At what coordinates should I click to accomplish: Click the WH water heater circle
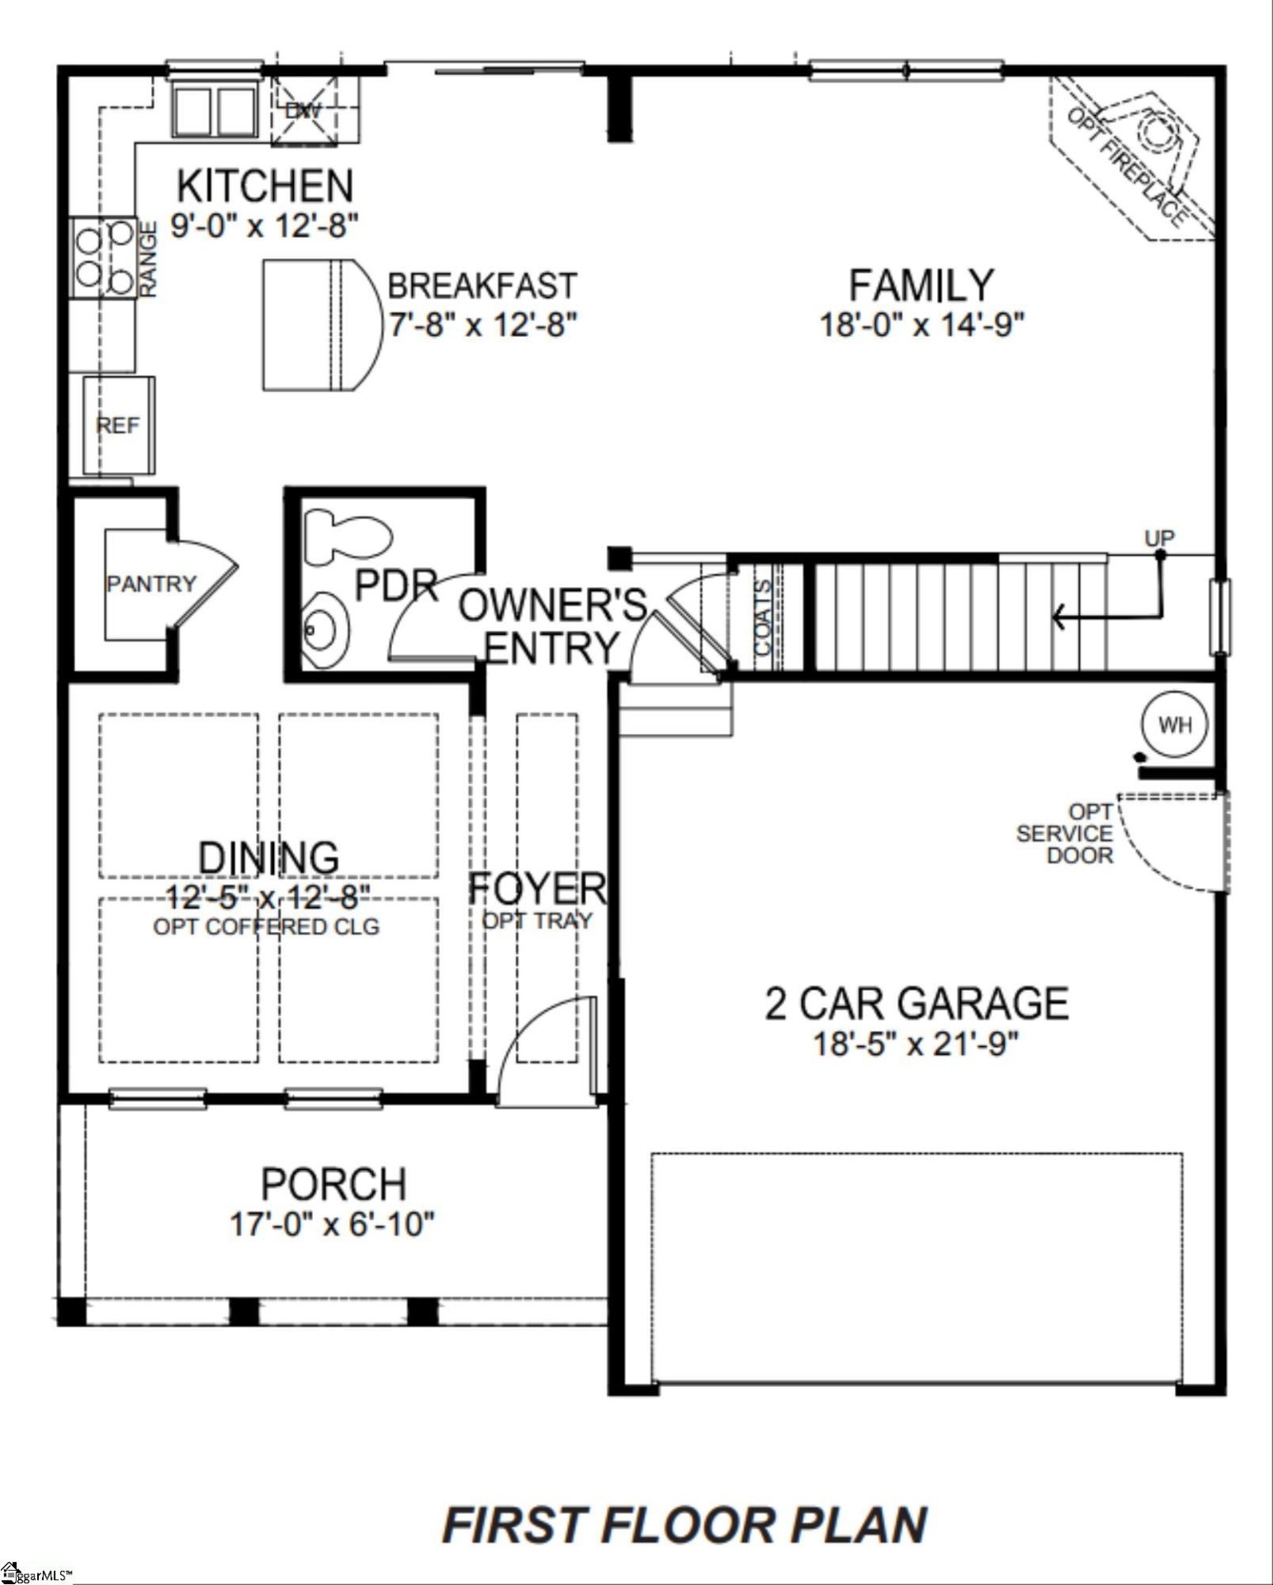1175,725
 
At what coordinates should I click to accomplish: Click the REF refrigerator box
118,426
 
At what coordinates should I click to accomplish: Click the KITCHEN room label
265,186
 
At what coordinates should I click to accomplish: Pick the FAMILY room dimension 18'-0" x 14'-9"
921,324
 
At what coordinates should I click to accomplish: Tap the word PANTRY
151,584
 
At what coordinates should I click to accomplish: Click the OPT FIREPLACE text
1128,166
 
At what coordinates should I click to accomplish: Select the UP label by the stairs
1158,538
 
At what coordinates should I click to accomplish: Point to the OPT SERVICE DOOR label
1065,834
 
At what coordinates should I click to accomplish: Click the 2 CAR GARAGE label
916,1003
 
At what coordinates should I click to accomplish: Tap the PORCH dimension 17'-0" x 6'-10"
332,1223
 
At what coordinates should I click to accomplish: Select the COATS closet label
763,617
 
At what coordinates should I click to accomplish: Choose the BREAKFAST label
482,286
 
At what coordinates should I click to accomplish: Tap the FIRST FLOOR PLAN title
685,1526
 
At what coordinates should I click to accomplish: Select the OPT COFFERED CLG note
266,926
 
